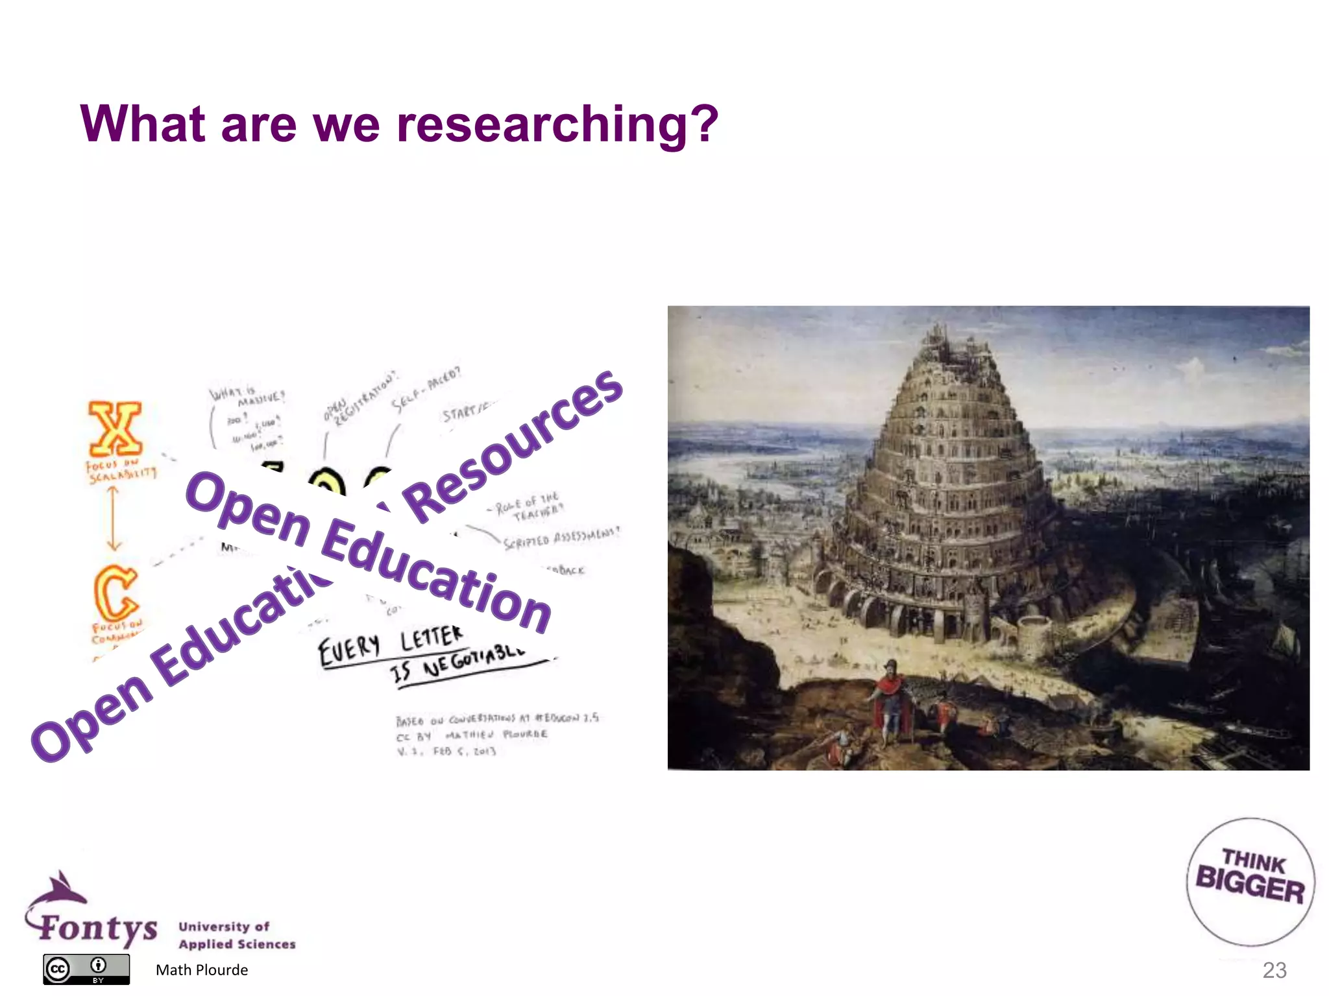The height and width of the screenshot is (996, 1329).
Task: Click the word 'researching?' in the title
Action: coord(557,124)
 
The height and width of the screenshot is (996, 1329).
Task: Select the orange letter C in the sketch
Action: coord(116,592)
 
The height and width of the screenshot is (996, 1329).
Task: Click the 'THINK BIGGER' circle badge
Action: coord(1250,881)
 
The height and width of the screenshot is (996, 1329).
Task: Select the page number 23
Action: coord(1274,970)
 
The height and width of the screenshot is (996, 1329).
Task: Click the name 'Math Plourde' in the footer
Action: coord(202,970)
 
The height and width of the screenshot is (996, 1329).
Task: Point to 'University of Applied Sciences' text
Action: coord(237,935)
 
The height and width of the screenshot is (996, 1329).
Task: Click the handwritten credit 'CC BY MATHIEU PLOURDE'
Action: coord(472,735)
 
